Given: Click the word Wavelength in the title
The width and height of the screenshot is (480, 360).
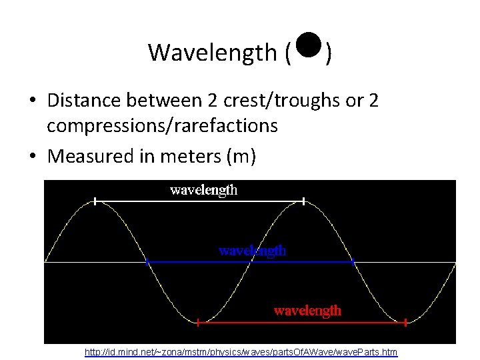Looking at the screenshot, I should pyautogui.click(x=211, y=52).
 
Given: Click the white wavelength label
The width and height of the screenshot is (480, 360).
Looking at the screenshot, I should pyautogui.click(x=203, y=190).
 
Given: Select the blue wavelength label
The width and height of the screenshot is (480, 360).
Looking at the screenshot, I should pyautogui.click(x=253, y=251).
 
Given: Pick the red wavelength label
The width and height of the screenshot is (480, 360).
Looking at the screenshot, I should pyautogui.click(x=307, y=311).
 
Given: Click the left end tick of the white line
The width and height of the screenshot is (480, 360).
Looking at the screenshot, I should pyautogui.click(x=95, y=200).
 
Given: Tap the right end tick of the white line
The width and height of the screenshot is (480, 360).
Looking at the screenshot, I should pyautogui.click(x=304, y=200).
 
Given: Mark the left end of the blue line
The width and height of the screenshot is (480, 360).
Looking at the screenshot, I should pyautogui.click(x=147, y=262).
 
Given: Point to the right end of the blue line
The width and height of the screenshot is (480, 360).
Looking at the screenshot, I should pyautogui.click(x=354, y=262).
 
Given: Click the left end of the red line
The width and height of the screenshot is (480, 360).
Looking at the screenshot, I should pyautogui.click(x=198, y=323).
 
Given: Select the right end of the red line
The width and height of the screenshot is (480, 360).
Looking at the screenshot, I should pyautogui.click(x=405, y=323).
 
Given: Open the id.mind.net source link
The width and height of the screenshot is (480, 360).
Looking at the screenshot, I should pyautogui.click(x=241, y=351).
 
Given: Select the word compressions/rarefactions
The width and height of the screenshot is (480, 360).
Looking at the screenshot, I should pyautogui.click(x=162, y=126).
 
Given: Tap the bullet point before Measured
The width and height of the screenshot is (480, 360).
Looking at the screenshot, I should pyautogui.click(x=33, y=157).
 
